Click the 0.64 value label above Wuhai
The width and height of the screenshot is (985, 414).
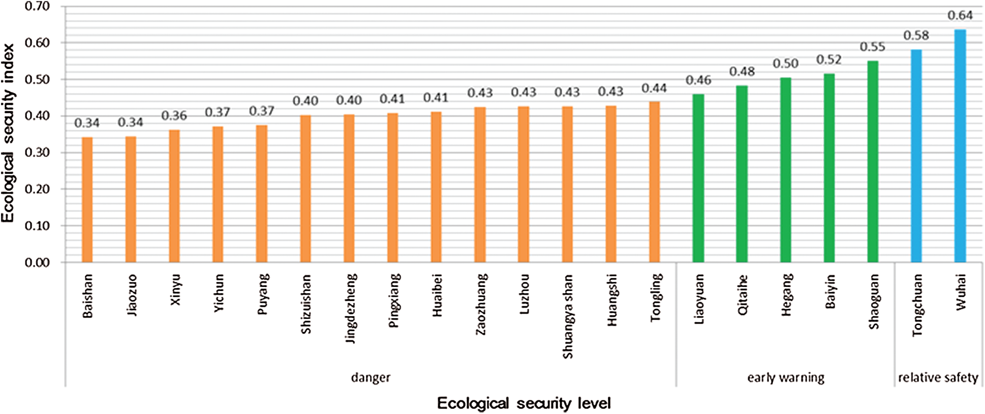point(960,16)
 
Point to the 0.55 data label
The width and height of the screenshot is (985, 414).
point(872,47)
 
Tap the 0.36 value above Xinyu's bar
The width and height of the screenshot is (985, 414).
point(174,116)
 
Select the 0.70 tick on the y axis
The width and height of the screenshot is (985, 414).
point(37,7)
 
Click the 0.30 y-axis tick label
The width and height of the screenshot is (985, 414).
point(37,152)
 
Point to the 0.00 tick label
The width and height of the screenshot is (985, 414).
point(37,262)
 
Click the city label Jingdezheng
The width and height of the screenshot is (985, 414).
point(351,308)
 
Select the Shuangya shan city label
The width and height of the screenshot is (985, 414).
point(568,316)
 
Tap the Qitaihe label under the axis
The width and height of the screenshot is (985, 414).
point(743,295)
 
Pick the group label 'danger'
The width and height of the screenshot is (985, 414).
point(371,377)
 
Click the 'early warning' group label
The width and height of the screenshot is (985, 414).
point(786,377)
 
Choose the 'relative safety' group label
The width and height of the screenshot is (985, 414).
point(938,377)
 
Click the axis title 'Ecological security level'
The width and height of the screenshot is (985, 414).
point(524,403)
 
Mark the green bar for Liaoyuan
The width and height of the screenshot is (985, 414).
point(698,178)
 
